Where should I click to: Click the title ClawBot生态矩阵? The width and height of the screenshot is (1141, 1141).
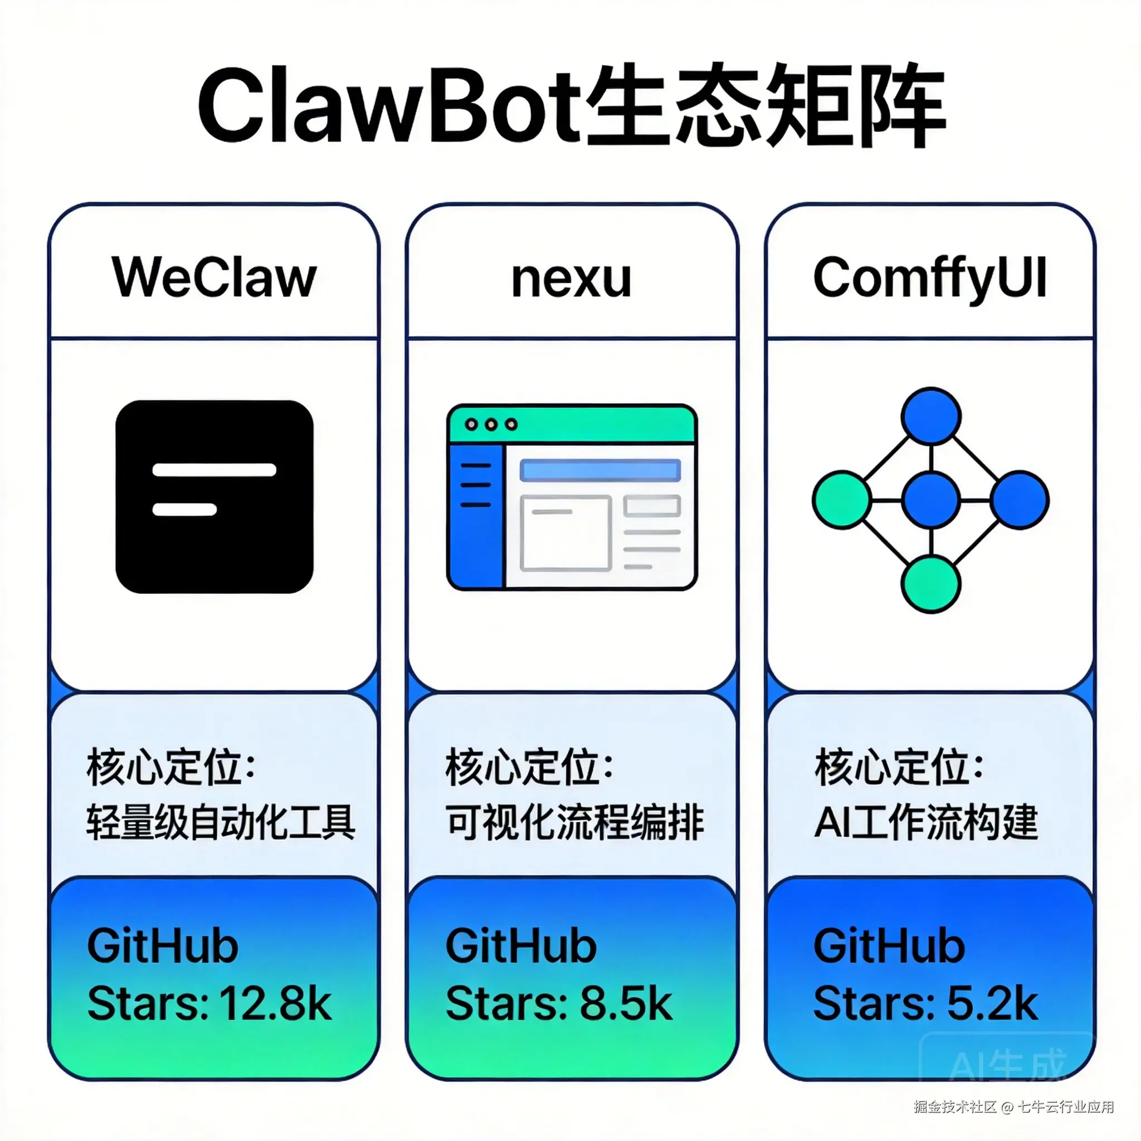point(570,106)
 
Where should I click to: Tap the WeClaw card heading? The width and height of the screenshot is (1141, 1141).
point(214,277)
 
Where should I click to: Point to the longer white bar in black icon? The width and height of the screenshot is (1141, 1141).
point(214,470)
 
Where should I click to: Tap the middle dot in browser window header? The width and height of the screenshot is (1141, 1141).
point(491,425)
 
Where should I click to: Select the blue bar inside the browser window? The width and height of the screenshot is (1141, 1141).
point(600,471)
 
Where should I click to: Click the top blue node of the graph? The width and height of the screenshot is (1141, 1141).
point(931,416)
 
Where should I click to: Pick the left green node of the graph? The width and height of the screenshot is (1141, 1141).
point(842,500)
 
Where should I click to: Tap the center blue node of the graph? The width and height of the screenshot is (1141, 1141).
point(931,500)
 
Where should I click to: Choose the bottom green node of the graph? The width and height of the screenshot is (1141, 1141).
point(931,584)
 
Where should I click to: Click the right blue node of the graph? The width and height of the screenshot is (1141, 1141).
point(1020,500)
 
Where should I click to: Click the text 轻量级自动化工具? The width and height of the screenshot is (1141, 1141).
point(221,822)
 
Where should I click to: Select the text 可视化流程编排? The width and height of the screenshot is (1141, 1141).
point(574,822)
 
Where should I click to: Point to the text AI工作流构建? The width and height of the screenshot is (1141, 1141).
point(925,822)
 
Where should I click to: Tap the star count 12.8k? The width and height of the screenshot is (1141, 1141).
point(275,1003)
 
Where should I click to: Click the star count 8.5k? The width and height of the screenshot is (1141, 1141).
point(626,1003)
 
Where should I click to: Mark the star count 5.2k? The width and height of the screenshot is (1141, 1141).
point(992,1003)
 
